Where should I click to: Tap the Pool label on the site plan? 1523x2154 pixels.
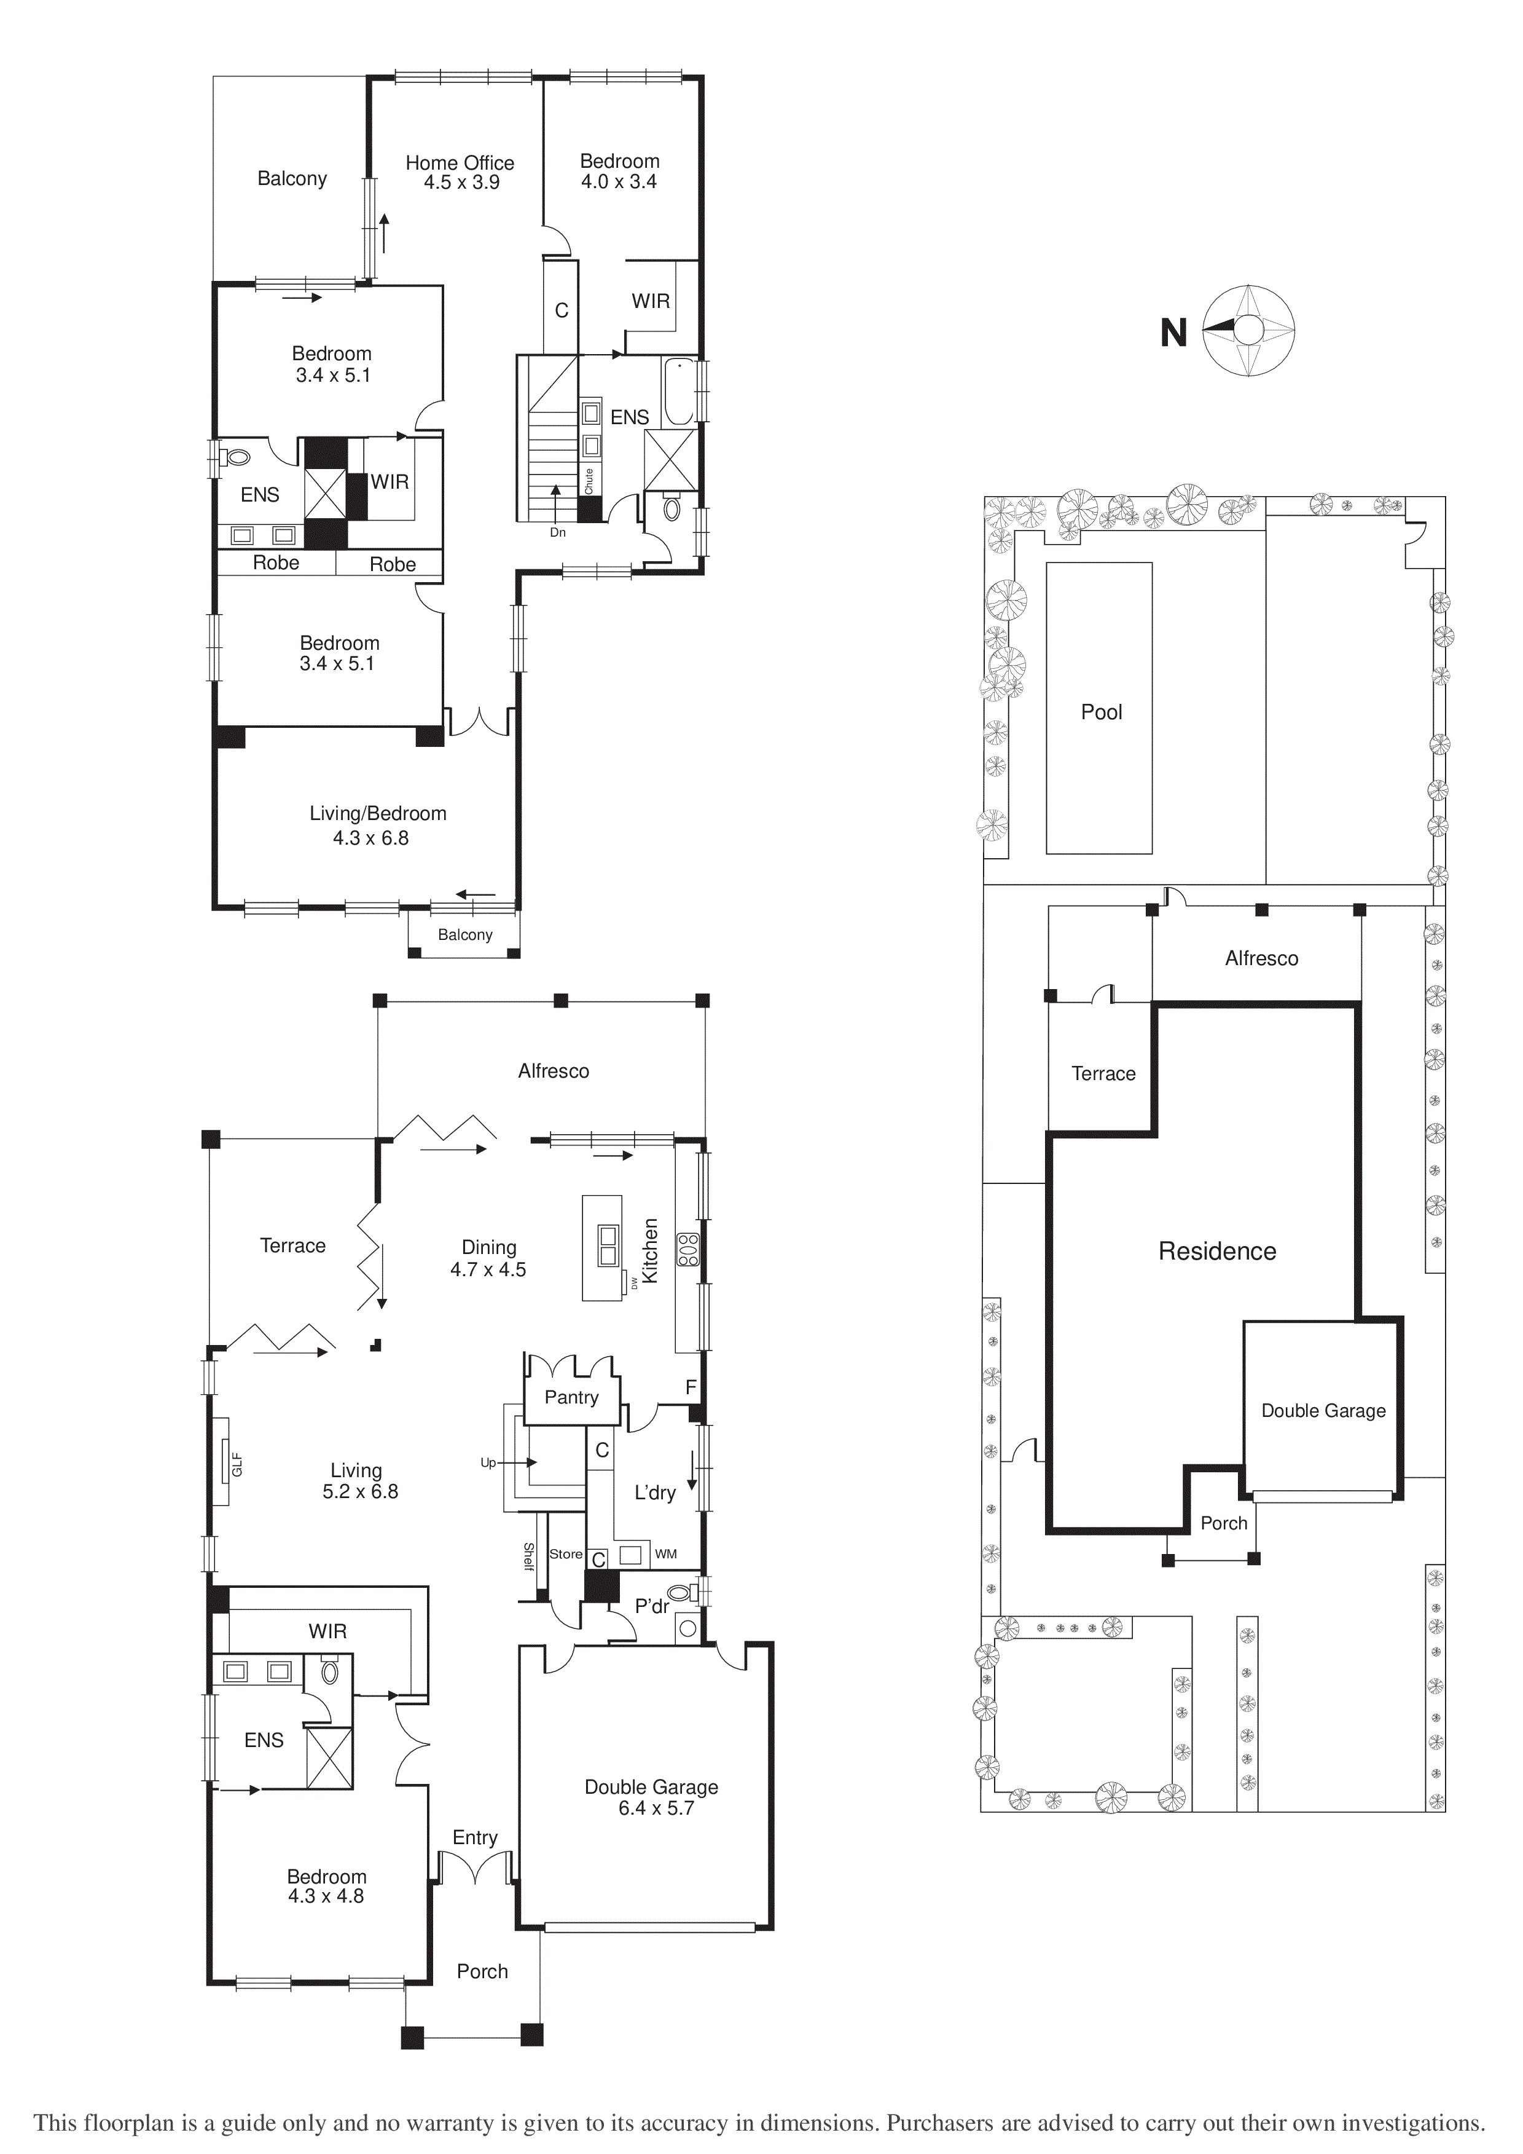coord(1101,712)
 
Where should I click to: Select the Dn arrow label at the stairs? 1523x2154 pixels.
coord(558,532)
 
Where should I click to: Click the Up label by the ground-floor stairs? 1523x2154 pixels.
coord(488,1462)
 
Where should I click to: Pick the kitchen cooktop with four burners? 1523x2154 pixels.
coord(688,1249)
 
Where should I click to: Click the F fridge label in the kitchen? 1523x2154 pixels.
coord(691,1387)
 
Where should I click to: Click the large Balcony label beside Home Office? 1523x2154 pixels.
coord(292,178)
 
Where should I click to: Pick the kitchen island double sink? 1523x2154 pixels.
coord(608,1245)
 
